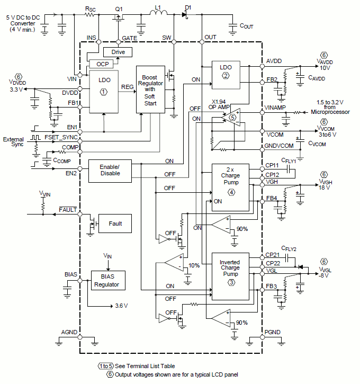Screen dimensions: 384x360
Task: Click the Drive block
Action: click(x=118, y=52)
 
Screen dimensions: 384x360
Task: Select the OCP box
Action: click(x=103, y=64)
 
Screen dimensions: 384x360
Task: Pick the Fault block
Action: click(x=115, y=224)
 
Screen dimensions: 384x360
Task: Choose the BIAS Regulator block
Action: click(x=107, y=280)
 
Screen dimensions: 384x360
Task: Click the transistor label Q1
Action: click(x=119, y=9)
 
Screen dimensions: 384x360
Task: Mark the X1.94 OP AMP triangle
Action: click(x=233, y=117)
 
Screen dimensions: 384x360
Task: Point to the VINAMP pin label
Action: click(x=276, y=108)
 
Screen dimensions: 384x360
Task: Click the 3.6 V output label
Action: click(x=121, y=306)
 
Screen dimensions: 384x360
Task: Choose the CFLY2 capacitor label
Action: click(x=289, y=249)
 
